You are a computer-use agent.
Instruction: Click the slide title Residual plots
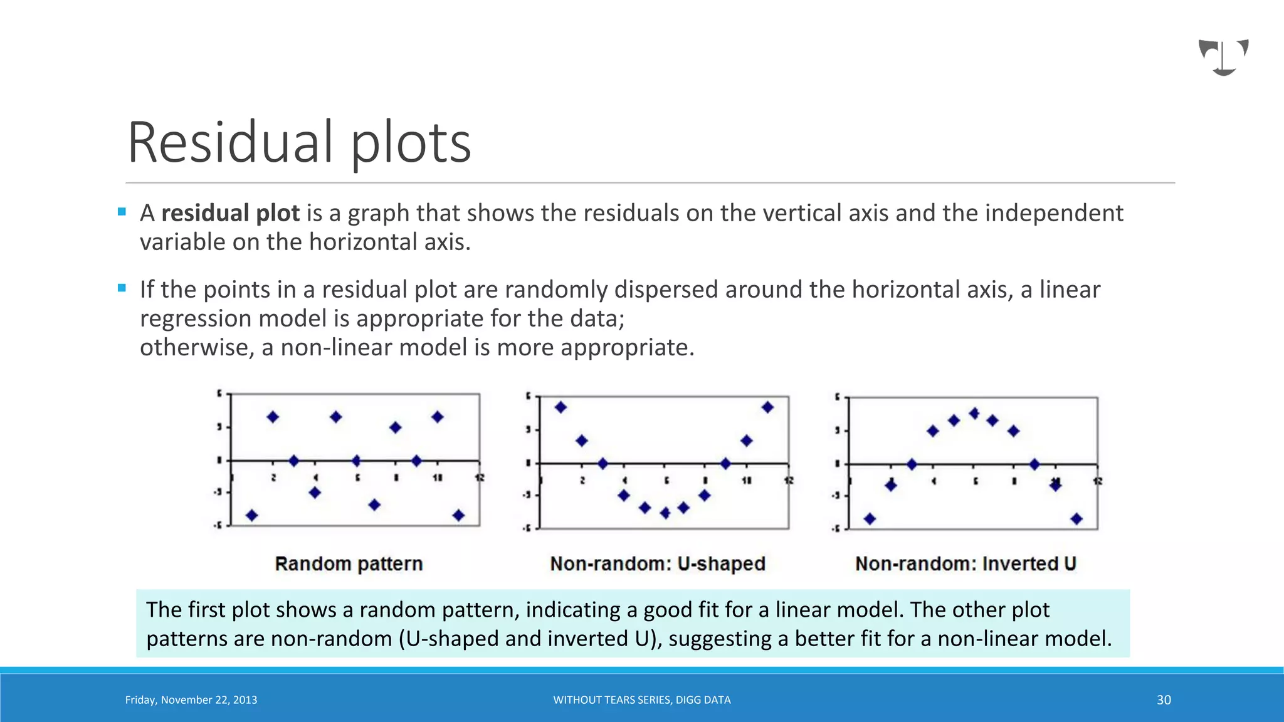(299, 143)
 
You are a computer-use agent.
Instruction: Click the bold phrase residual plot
(230, 213)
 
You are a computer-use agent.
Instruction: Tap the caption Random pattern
(349, 563)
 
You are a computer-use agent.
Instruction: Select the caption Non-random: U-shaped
(658, 563)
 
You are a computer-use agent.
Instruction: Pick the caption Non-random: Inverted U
(966, 563)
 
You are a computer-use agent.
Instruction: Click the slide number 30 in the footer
(1164, 700)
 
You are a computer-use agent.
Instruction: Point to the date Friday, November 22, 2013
(191, 700)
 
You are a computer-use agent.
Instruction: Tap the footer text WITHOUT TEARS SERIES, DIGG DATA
(641, 700)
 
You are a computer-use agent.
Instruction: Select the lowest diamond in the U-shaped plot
(665, 513)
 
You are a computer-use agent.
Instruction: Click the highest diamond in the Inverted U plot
(974, 413)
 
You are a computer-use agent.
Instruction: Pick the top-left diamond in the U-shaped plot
(560, 407)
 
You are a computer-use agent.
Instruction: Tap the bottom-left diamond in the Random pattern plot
(251, 515)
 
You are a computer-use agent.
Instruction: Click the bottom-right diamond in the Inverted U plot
(1076, 518)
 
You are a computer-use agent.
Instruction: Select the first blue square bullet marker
(122, 212)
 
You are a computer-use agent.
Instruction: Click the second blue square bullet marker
(122, 288)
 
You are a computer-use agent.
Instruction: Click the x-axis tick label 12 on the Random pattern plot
(480, 478)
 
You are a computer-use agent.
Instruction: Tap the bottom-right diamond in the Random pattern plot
(458, 515)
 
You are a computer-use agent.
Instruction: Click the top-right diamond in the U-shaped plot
(767, 407)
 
